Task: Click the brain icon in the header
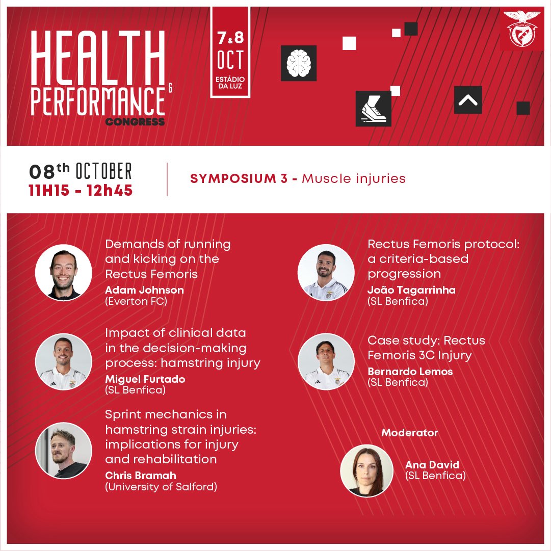pos(299,63)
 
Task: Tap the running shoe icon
pos(374,109)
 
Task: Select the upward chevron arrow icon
pos(468,100)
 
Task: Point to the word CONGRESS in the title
pos(135,122)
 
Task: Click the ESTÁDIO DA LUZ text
pos(230,83)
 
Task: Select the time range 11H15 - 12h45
pos(81,191)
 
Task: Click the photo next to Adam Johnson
pos(64,272)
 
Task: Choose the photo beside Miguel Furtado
pos(64,362)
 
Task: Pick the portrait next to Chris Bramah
pos(64,451)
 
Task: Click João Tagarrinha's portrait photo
pos(326,272)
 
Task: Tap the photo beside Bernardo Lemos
pos(326,362)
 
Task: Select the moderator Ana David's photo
pos(367,470)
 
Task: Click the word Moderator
pos(410,433)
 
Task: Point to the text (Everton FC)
pos(136,301)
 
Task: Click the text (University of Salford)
pos(161,487)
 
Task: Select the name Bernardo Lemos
pos(410,372)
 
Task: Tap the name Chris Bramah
pos(141,476)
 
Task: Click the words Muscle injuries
pos(354,179)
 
